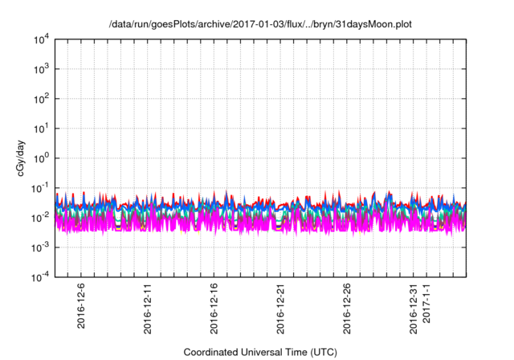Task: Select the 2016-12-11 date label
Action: coord(148,309)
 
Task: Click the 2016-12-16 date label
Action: coord(214,309)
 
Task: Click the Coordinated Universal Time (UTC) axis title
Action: coord(259,352)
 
